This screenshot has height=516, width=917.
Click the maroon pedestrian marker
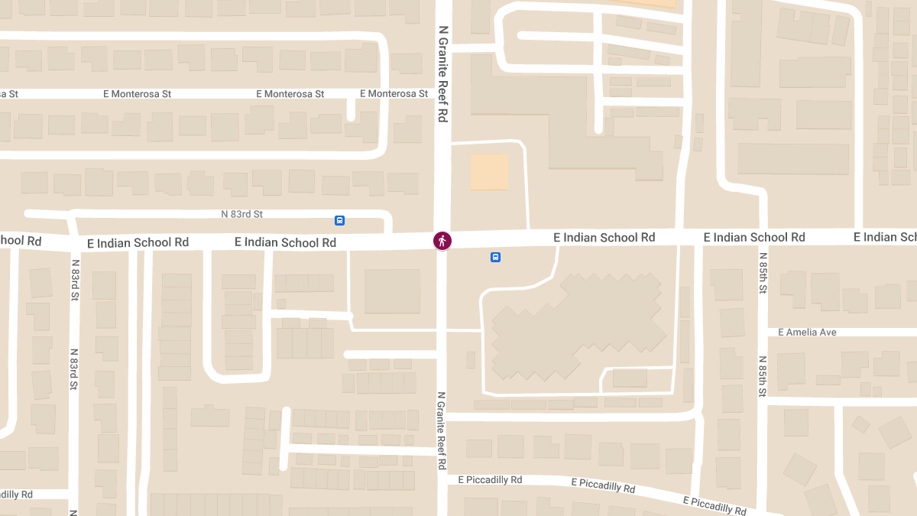point(442,241)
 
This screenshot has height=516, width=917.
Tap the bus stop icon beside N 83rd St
point(340,221)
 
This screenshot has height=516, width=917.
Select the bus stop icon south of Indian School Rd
point(495,258)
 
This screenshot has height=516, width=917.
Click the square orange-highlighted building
point(489,172)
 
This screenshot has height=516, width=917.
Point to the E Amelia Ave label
point(807,333)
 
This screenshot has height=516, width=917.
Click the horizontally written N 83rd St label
point(241,215)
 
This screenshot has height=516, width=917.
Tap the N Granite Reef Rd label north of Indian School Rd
point(442,74)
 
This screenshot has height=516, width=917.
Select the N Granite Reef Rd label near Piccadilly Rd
point(442,430)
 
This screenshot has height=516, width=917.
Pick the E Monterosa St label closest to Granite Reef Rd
point(394,94)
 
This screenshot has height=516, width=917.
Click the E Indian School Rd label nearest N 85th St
point(754,238)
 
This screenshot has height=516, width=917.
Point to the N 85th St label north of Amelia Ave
point(763,278)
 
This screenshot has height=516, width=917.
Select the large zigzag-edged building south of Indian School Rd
point(577,326)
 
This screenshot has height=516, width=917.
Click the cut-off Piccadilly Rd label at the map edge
point(16,495)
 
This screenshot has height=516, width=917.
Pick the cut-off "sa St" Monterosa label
point(8,94)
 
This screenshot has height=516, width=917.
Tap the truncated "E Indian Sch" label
point(885,237)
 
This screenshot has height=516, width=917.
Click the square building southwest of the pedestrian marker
point(392,291)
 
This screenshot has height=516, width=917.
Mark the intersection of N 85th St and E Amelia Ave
point(763,333)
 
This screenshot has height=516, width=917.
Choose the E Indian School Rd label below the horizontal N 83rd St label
point(285,242)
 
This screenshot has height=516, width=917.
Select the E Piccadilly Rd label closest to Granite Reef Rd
point(490,480)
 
